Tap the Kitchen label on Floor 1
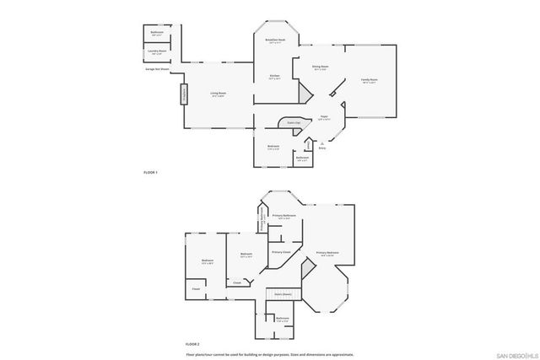[x=274, y=77]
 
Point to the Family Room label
[x=370, y=80]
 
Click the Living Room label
[x=218, y=94]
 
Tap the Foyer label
[x=323, y=118]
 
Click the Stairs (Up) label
[x=294, y=123]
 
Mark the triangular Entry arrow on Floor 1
[x=321, y=142]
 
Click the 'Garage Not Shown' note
[x=157, y=69]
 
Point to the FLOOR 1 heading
[x=151, y=172]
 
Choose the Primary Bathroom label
[x=283, y=217]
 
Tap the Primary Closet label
[x=281, y=251]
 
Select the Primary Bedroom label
[x=327, y=252]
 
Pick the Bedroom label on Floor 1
[x=273, y=147]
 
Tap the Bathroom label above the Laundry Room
[x=157, y=33]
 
